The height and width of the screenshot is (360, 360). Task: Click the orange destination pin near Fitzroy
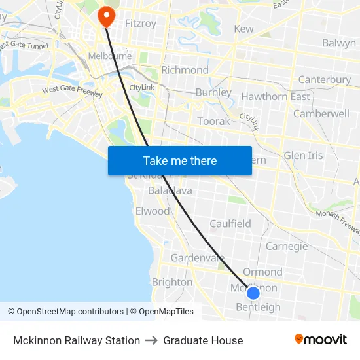pyautogui.click(x=105, y=16)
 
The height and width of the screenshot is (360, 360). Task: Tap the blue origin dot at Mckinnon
pyautogui.click(x=253, y=293)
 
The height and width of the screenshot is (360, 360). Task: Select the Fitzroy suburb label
pyautogui.click(x=141, y=24)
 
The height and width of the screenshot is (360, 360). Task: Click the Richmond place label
pyautogui.click(x=185, y=70)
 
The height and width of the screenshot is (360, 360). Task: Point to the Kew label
pyautogui.click(x=243, y=29)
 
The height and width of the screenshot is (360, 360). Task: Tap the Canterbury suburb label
pyautogui.click(x=324, y=80)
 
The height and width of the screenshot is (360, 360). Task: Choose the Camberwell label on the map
pyautogui.click(x=321, y=113)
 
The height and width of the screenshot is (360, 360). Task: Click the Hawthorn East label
pyautogui.click(x=276, y=97)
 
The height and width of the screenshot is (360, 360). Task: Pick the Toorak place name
pyautogui.click(x=214, y=121)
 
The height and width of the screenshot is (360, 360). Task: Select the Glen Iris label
pyautogui.click(x=303, y=156)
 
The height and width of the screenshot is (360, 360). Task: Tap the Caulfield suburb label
pyautogui.click(x=230, y=224)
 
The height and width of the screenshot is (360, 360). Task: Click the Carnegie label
pyautogui.click(x=287, y=246)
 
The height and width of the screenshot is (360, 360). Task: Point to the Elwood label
pyautogui.click(x=152, y=211)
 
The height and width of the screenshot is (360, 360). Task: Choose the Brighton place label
pyautogui.click(x=172, y=282)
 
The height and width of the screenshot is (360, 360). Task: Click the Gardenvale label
pyautogui.click(x=198, y=258)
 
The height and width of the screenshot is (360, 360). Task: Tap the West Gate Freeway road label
pyautogui.click(x=72, y=92)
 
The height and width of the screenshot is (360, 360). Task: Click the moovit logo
pyautogui.click(x=320, y=339)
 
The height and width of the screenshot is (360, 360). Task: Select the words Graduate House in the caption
pyautogui.click(x=203, y=340)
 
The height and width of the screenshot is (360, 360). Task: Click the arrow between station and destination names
pyautogui.click(x=152, y=340)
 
